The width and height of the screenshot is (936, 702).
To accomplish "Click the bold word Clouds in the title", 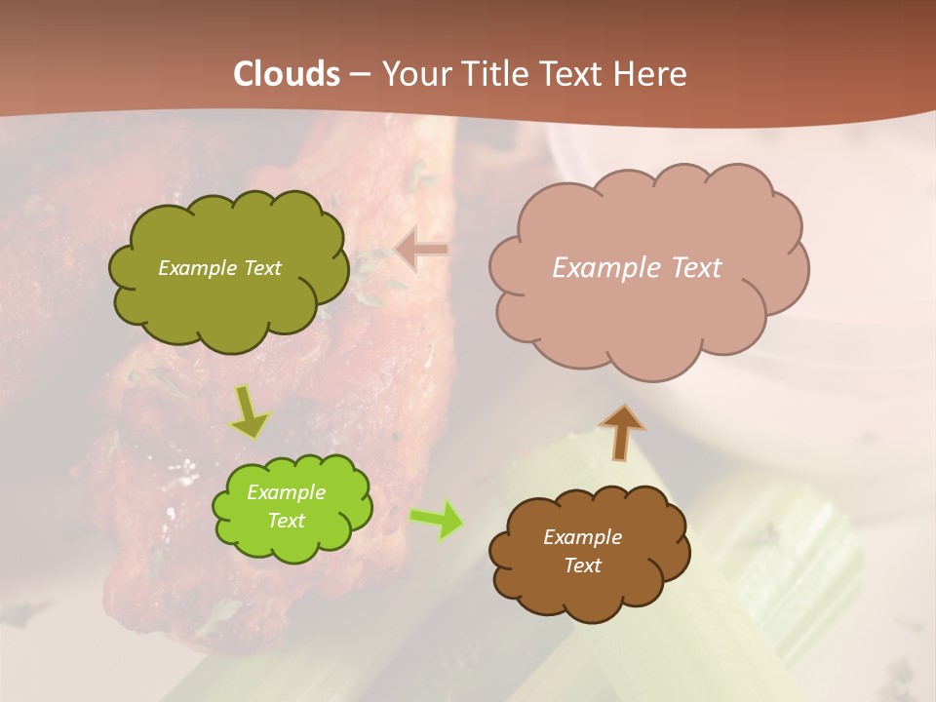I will point(287,74).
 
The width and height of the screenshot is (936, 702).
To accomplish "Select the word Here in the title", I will point(653,74).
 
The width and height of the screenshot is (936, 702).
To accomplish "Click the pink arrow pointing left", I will point(422,250).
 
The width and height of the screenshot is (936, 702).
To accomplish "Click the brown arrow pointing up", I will point(621,432).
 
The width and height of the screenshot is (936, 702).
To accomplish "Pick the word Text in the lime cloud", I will point(287,521).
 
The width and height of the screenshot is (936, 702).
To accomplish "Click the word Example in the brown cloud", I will point(582,537).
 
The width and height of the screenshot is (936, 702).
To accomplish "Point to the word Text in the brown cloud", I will point(583,565).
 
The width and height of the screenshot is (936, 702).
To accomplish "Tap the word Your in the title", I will point(415,74).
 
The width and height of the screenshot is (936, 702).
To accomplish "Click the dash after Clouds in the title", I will point(359,75).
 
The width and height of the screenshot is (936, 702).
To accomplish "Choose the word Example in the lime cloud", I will point(287,492).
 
